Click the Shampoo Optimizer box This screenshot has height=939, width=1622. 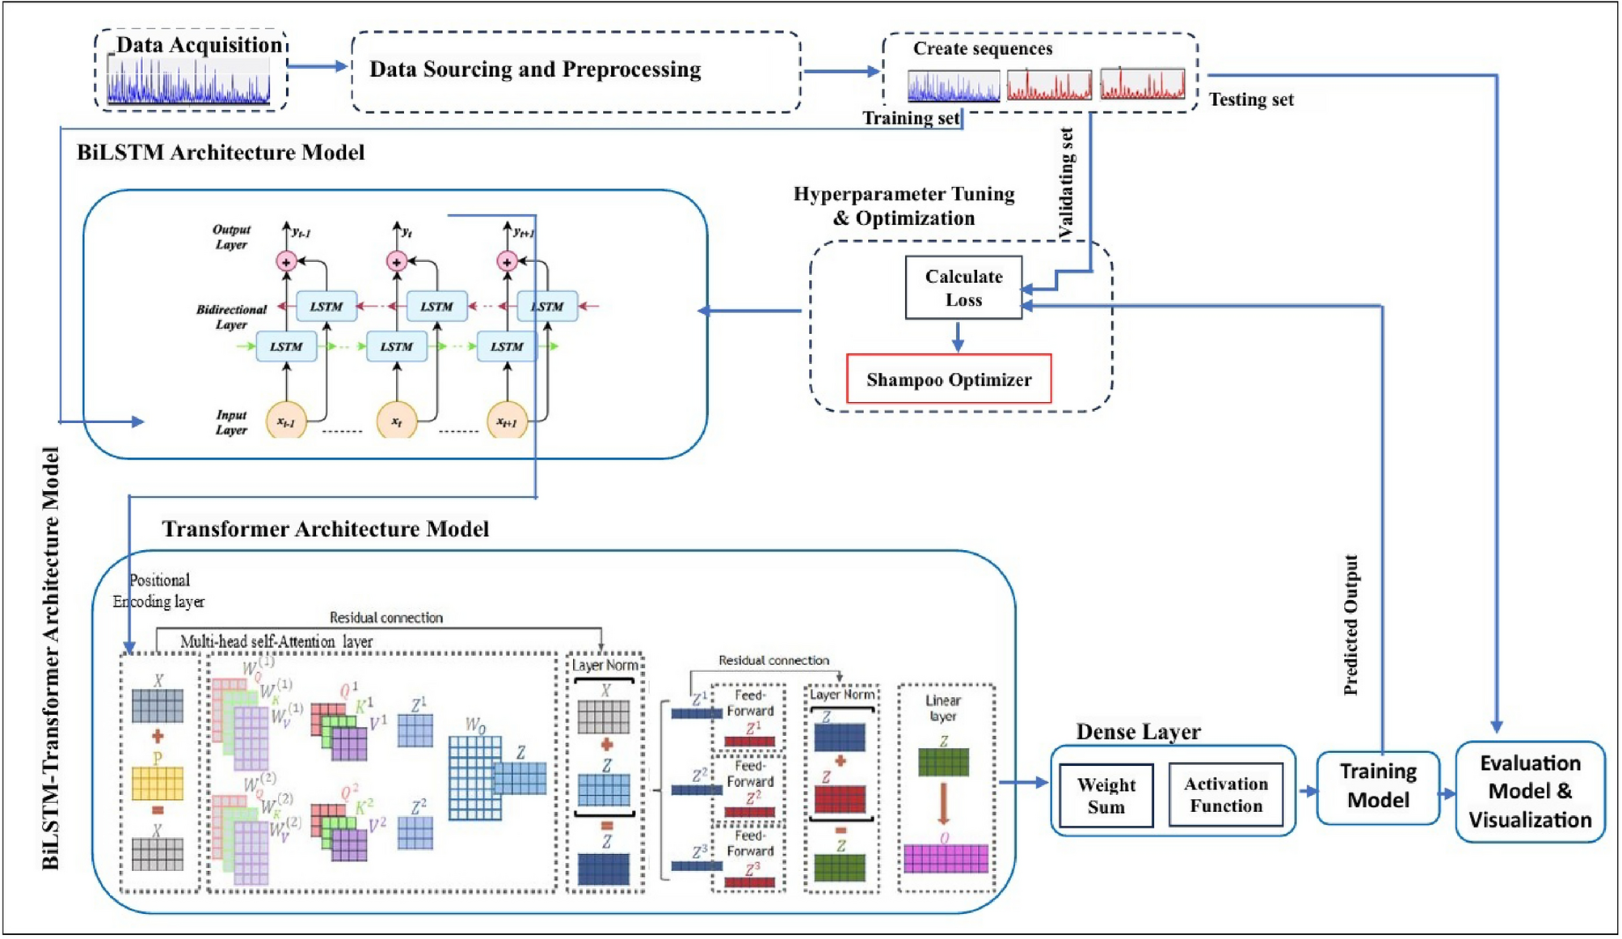pos(949,379)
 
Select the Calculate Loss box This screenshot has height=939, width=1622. pos(963,288)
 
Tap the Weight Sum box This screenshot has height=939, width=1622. pos(1106,796)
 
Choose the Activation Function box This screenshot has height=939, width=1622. pos(1225,795)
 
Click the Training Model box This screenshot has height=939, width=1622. pos(1378,786)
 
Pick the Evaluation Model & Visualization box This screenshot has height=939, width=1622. pos(1530,792)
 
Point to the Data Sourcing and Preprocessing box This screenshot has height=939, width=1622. pos(575,70)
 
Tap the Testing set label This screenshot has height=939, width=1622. pos(1251,99)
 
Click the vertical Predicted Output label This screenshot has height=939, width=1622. pos(1350,625)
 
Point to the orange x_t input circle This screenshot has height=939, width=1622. pos(397,421)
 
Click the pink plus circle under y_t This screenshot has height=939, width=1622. pos(397,261)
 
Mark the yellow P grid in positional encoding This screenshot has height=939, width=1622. pos(158,783)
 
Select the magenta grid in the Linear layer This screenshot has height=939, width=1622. pos(946,858)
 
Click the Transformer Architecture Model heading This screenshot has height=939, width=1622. pos(326,529)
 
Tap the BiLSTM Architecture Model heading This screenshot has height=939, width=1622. pos(221,153)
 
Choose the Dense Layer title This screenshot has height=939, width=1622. pos(1138,731)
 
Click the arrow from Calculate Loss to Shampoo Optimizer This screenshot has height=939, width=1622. pos(958,336)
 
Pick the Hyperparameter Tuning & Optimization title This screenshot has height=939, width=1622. pos(904,205)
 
